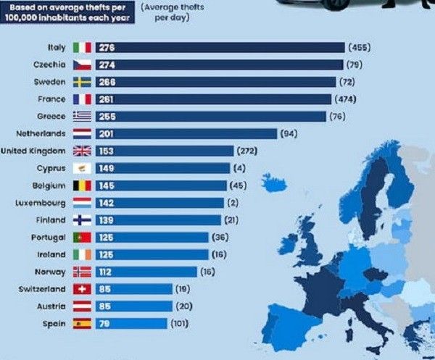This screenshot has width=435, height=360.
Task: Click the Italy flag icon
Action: click(82, 47)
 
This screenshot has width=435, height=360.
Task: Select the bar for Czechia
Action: click(217, 64)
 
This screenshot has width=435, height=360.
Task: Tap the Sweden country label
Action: click(49, 82)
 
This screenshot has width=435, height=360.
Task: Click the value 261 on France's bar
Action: click(106, 99)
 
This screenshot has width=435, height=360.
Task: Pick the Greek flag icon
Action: click(82, 117)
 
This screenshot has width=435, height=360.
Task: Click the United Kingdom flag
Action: click(82, 151)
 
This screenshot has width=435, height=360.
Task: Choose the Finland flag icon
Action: click(82, 220)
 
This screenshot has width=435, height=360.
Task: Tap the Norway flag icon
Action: click(82, 272)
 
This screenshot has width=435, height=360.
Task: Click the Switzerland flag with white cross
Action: click(82, 289)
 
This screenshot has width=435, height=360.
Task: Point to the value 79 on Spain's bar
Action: click(104, 324)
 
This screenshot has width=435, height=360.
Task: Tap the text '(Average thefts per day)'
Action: click(165, 12)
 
